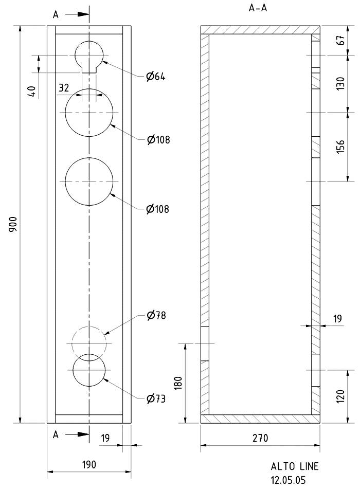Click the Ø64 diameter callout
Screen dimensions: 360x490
click(156, 76)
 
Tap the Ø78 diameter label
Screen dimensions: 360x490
click(156, 315)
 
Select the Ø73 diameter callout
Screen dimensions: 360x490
click(156, 399)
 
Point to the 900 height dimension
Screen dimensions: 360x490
click(13, 224)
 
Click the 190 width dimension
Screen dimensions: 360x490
click(89, 465)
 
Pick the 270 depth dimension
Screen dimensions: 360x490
click(260, 438)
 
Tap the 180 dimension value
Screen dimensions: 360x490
click(177, 383)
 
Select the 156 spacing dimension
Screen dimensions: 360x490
click(340, 147)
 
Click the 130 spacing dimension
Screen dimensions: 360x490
click(340, 84)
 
